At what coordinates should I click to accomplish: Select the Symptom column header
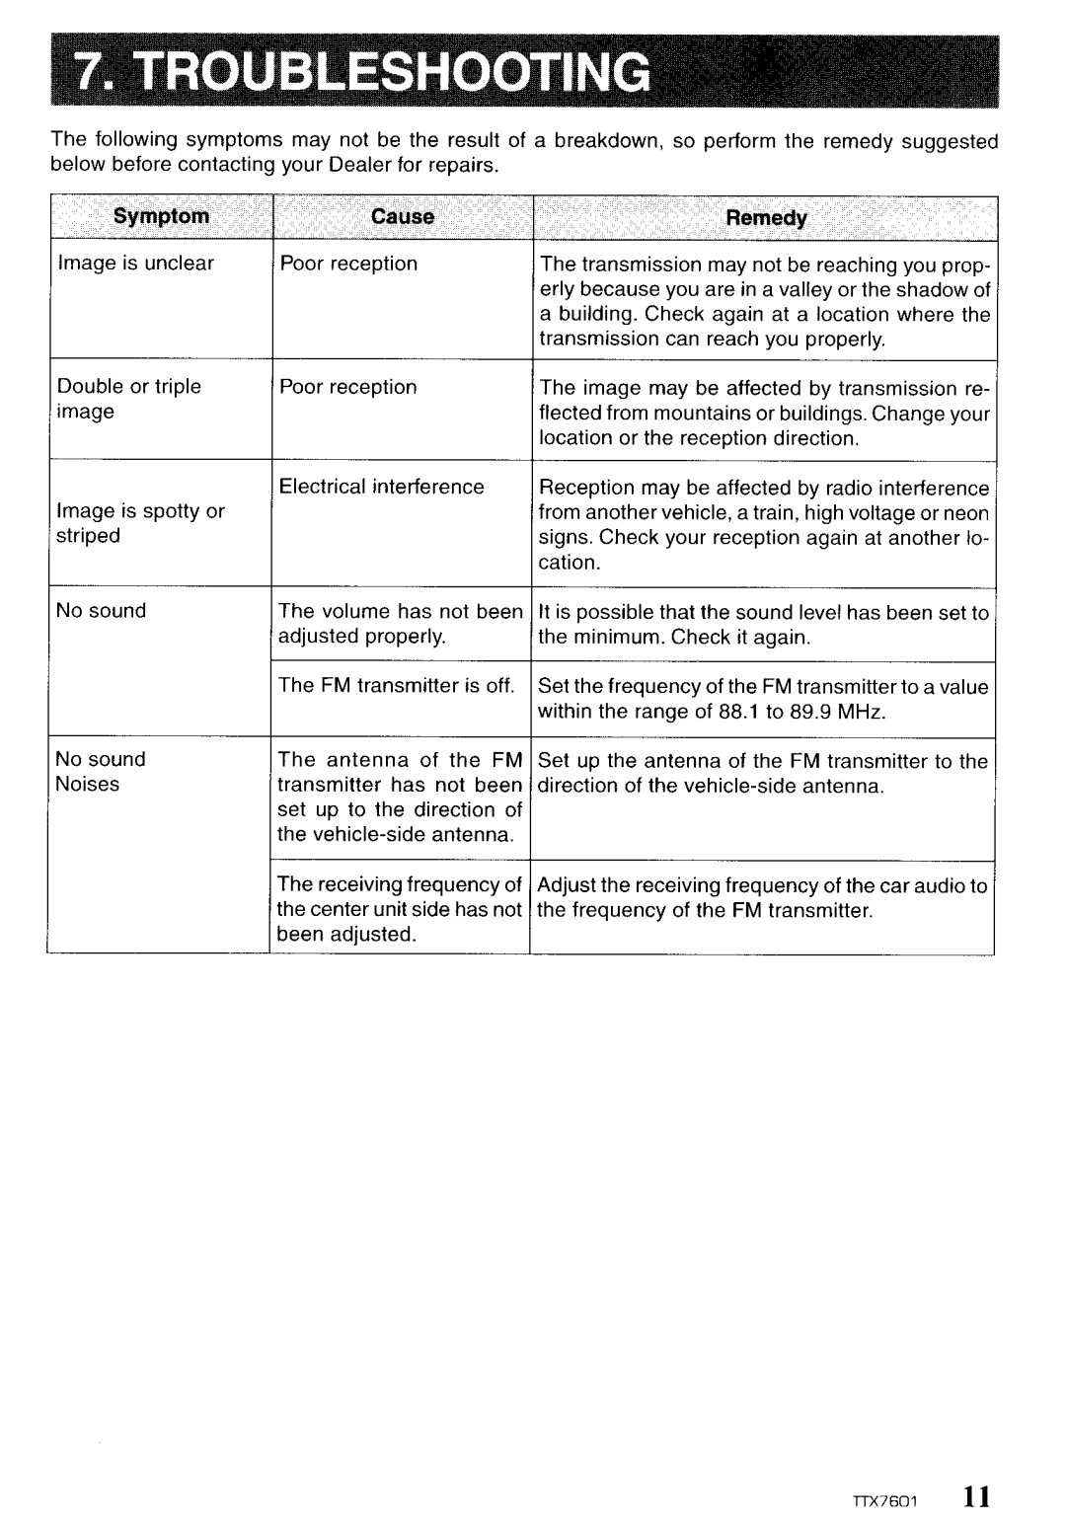coord(161,216)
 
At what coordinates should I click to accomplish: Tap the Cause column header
coord(402,216)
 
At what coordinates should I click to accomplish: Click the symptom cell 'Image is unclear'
coord(135,264)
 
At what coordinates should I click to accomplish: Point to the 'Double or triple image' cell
coord(128,399)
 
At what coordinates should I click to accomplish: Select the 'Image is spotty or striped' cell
coord(140,523)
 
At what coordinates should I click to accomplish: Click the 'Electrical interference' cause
coord(381,487)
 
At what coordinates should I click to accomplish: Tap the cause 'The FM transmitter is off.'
coord(396,686)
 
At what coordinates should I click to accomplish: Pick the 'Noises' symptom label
coord(88,785)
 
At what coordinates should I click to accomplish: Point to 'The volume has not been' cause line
coord(400,612)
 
